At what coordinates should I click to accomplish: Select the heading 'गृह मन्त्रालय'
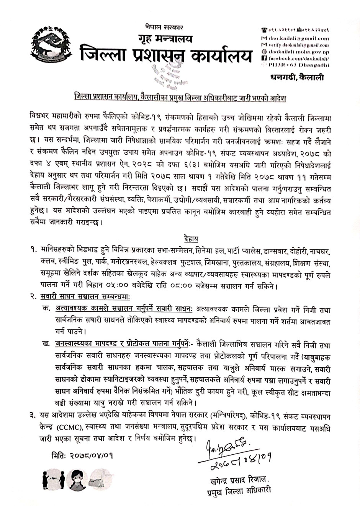[x=165, y=39]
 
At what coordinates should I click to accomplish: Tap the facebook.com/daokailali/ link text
[x=298, y=58]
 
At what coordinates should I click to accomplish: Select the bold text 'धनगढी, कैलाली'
[x=297, y=78]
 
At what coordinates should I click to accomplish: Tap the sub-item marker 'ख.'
[x=46, y=344]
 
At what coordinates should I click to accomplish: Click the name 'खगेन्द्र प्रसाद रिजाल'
[x=238, y=479]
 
